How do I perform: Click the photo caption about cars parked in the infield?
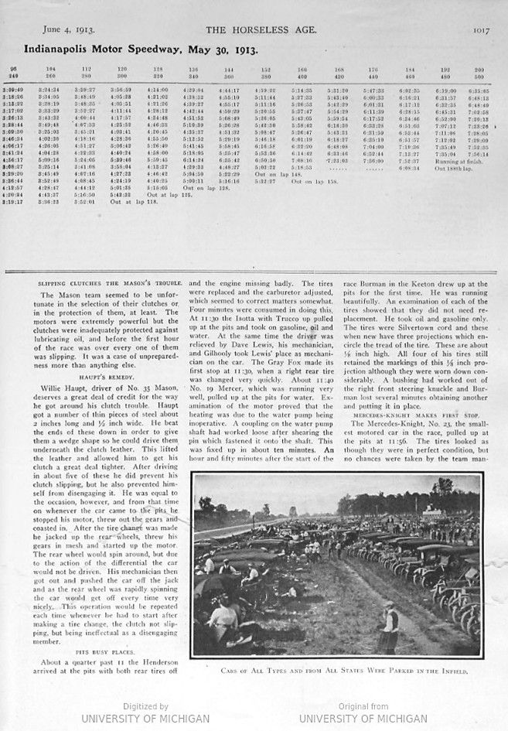tap(337, 671)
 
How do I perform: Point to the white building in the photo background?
tap(430, 511)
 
